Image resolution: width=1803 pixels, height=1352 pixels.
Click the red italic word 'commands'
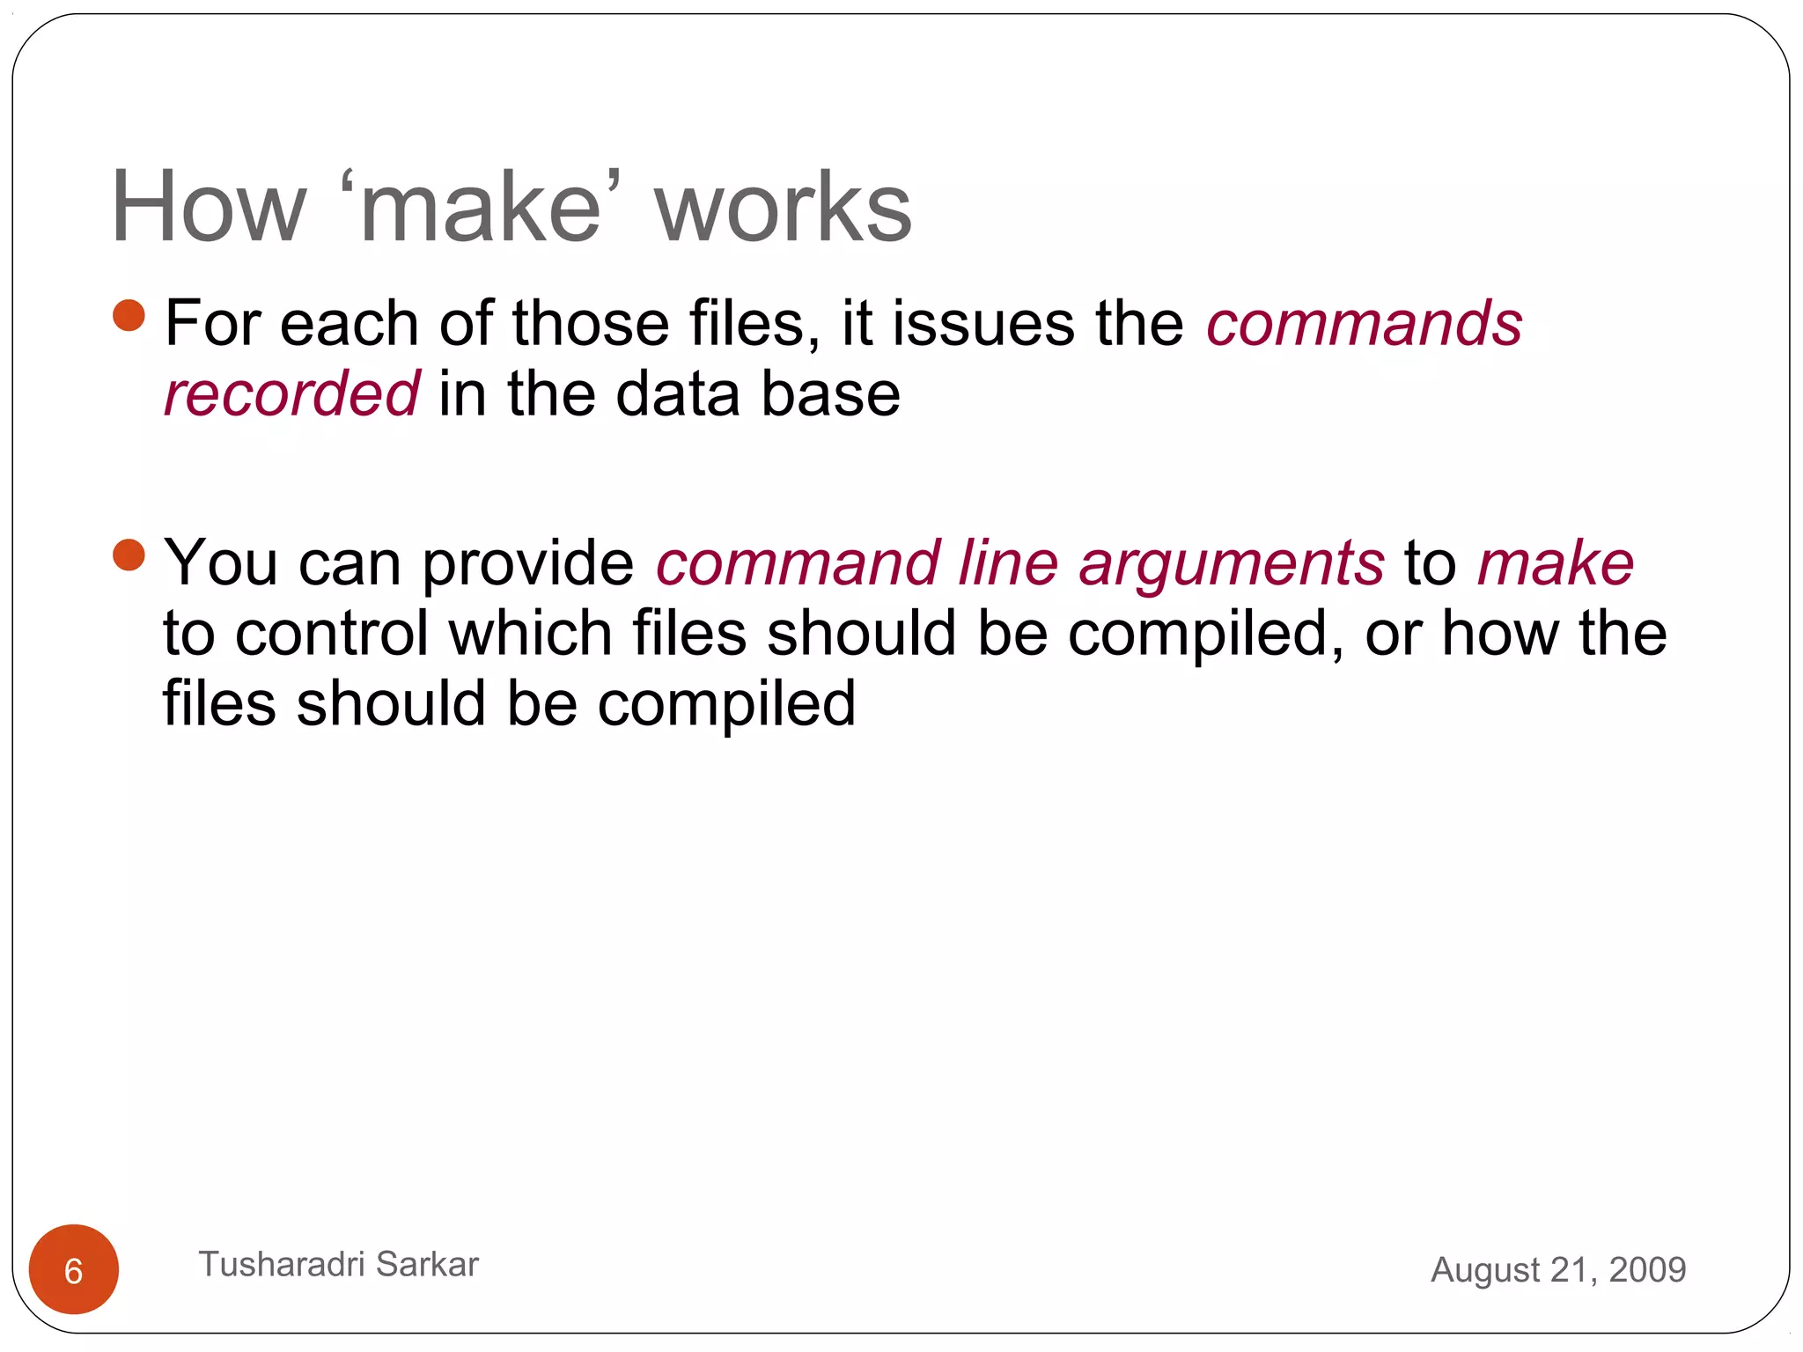pos(1364,323)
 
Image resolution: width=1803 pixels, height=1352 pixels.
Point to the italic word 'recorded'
pos(291,393)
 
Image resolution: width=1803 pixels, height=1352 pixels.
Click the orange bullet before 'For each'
pos(129,315)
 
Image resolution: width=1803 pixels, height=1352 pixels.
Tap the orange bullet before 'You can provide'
pos(129,555)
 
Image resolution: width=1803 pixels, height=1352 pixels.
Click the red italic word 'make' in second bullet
pos(1555,563)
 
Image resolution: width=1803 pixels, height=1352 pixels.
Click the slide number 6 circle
pos(74,1269)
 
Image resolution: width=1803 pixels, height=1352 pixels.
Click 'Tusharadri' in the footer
pos(282,1264)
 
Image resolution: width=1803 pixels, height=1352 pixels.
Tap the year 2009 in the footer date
pos(1647,1269)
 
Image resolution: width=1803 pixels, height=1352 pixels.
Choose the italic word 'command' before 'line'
pos(798,563)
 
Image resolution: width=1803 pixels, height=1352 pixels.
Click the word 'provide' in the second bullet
pos(527,563)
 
